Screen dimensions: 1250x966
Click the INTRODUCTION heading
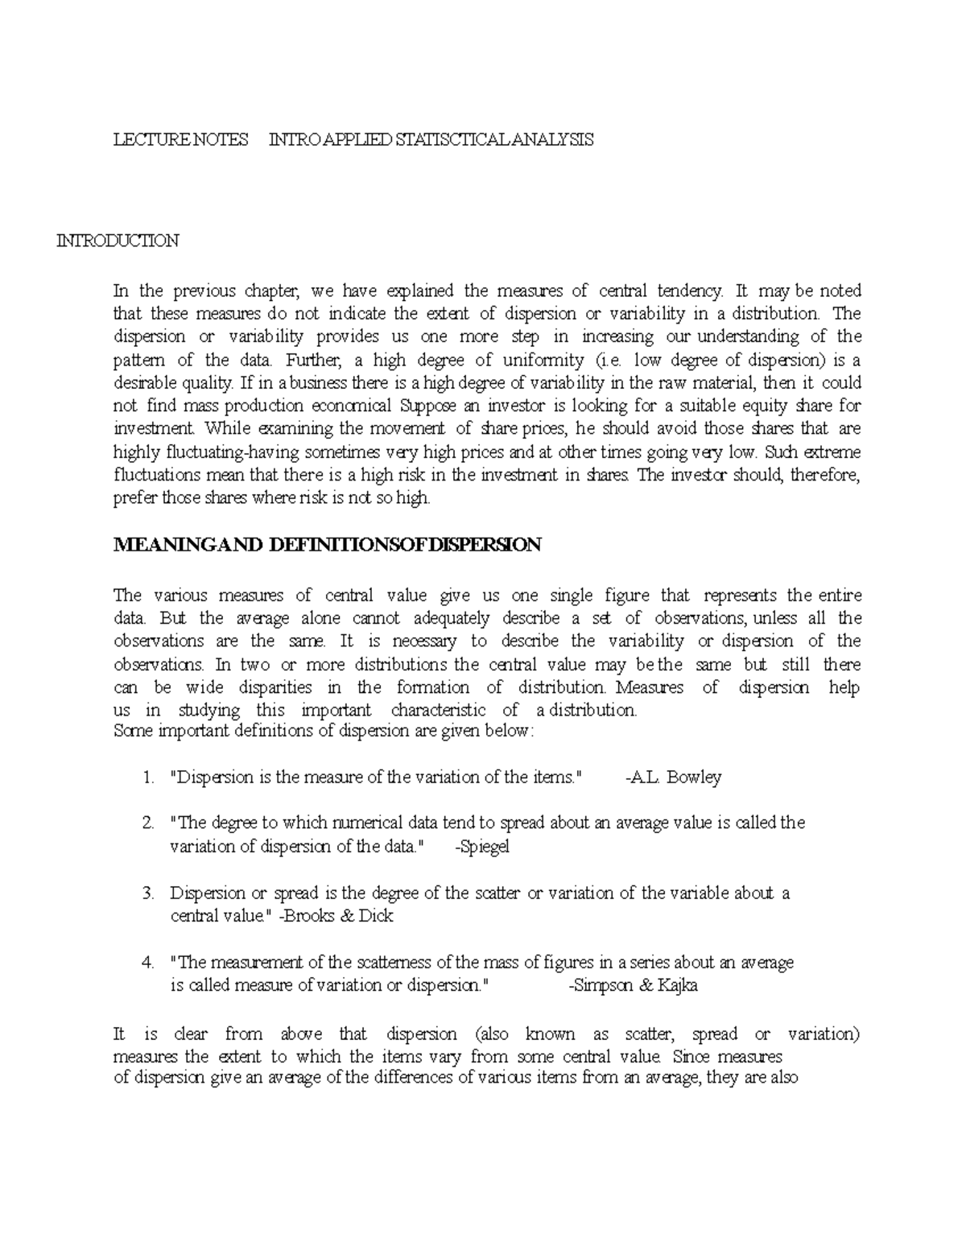(117, 241)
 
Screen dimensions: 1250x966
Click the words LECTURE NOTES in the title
(180, 140)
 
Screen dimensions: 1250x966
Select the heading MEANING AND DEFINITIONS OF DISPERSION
(328, 545)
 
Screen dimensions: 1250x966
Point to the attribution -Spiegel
(482, 846)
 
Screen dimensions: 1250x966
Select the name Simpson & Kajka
(633, 986)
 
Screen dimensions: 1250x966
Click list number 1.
(147, 778)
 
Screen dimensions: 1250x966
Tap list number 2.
(147, 823)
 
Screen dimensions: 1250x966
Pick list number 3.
(147, 893)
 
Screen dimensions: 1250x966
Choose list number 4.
(147, 963)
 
